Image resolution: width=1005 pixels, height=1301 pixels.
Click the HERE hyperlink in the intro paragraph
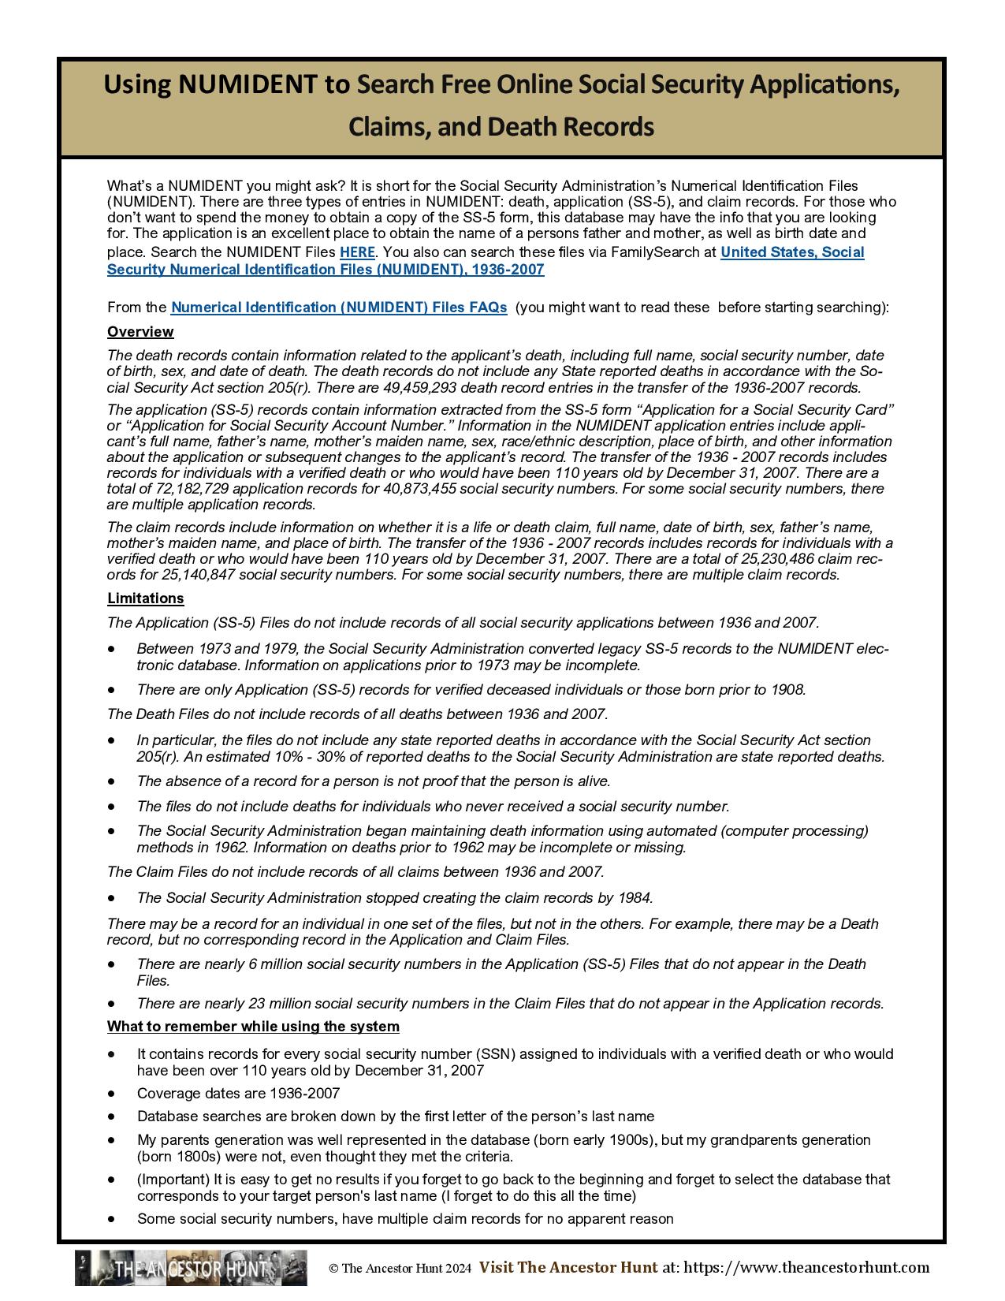coord(357,252)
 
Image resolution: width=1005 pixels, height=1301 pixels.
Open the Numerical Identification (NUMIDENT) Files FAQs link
coord(339,308)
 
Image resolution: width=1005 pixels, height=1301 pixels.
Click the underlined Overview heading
coord(140,332)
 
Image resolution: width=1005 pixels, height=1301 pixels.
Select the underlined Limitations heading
coord(146,598)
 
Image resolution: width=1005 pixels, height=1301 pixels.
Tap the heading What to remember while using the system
coord(253,1027)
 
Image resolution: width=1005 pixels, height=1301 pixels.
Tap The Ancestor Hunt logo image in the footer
coord(191,1268)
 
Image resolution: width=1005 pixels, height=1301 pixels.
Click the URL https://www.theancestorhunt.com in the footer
coord(806,1268)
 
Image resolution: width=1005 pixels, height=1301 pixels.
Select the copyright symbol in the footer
coord(333,1269)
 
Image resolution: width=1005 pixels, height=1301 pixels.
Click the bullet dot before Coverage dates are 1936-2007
coord(114,1094)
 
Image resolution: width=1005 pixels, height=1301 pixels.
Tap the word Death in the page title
coord(525,127)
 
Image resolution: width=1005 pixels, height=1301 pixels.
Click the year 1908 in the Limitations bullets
coord(787,690)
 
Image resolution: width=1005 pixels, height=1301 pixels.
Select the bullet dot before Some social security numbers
coord(114,1219)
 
